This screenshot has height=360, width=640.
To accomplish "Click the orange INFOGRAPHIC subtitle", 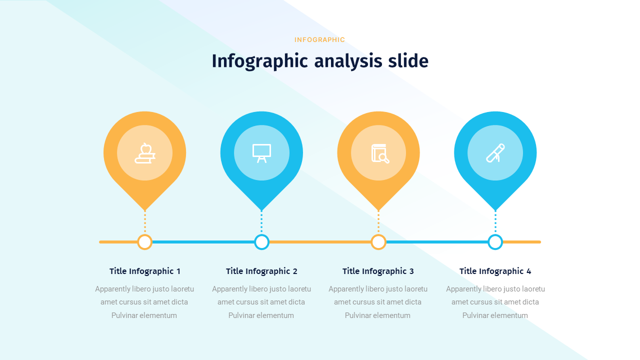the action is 319,39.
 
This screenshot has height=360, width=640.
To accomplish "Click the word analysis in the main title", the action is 348,61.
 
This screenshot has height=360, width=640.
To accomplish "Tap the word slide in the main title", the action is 408,60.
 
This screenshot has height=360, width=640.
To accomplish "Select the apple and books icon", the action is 145,153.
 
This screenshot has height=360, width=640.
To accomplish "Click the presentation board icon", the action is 261,153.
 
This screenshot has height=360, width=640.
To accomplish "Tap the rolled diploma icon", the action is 495,153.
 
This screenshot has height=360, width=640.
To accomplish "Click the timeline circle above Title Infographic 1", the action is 145,242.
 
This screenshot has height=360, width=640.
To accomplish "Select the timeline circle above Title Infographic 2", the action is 261,242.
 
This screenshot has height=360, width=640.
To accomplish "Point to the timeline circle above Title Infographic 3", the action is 378,242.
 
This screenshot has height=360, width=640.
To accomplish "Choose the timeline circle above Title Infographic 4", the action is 495,242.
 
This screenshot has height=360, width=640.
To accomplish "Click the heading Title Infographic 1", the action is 145,271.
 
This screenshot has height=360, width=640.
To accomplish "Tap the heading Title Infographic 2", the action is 261,271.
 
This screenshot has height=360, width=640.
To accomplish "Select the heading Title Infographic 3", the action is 378,271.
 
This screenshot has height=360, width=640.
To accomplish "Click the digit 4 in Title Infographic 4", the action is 528,271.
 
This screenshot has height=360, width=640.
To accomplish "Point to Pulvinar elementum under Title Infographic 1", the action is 144,315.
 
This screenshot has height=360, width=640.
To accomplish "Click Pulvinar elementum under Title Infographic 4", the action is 495,315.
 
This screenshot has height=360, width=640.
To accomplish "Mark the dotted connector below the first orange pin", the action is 145,222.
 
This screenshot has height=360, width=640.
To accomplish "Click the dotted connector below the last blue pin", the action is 495,222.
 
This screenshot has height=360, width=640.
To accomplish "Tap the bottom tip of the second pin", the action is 261,210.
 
